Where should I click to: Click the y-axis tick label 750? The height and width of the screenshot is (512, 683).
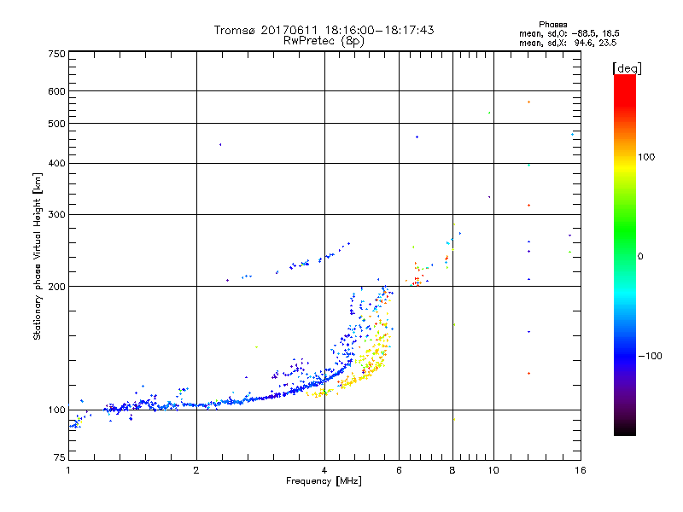tap(56, 54)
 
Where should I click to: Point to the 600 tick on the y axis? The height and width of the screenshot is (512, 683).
tap(56, 91)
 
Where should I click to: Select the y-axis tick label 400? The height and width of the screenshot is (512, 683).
tap(56, 163)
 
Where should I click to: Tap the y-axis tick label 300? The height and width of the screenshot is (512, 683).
tap(56, 214)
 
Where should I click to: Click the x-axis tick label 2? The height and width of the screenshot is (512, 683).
tap(196, 469)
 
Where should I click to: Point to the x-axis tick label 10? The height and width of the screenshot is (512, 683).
tap(493, 469)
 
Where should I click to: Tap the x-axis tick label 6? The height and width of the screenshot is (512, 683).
tap(399, 469)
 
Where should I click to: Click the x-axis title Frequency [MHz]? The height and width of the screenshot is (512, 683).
tap(324, 481)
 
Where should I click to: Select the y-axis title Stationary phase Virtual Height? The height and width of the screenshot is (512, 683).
tap(38, 256)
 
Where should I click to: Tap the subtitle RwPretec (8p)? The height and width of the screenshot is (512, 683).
tap(324, 40)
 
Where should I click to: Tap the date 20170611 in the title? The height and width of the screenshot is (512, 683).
tap(286, 30)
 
